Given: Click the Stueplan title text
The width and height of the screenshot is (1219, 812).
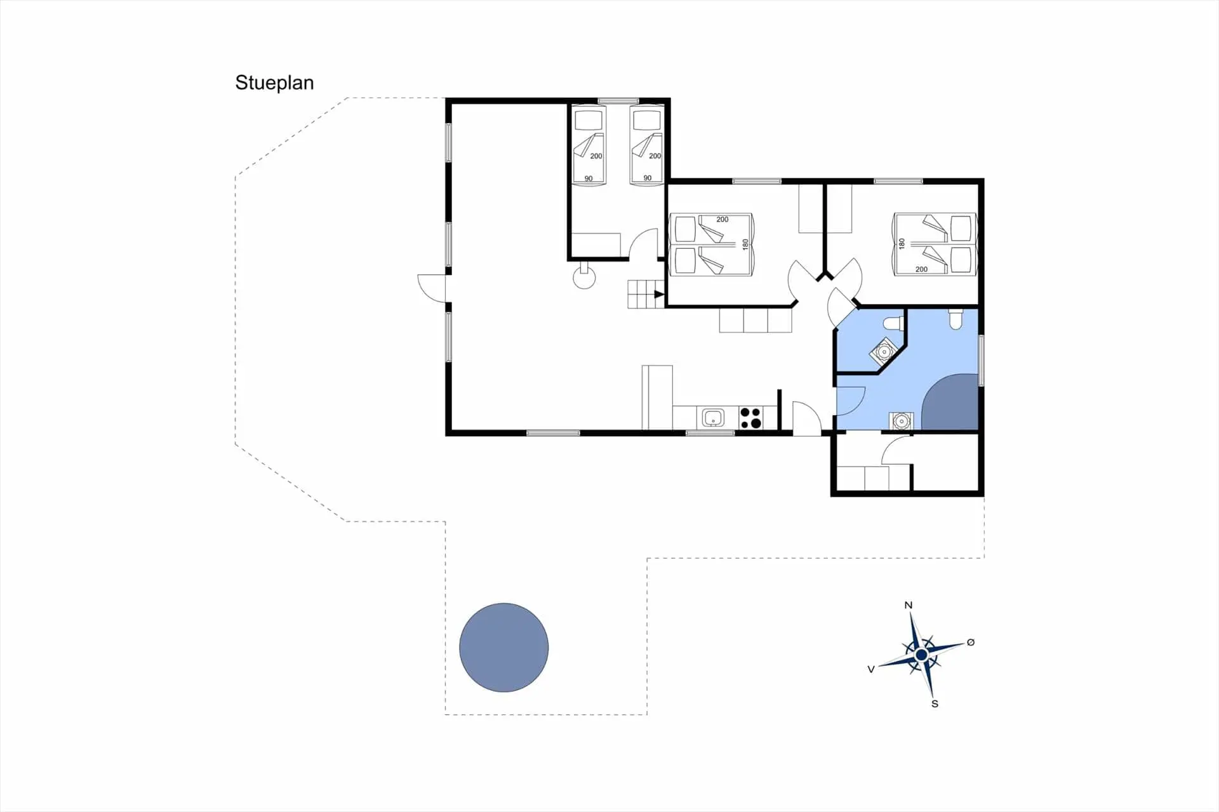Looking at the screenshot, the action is point(274,83).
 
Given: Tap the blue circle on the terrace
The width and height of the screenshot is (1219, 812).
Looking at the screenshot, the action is point(503,647).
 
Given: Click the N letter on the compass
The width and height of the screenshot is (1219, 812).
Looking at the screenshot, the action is point(909,605).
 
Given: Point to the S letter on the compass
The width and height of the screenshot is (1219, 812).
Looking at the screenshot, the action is point(935,703).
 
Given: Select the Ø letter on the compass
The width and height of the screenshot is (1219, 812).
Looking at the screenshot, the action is point(970,642).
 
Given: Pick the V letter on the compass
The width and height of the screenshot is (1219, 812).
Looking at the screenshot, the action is point(871,669).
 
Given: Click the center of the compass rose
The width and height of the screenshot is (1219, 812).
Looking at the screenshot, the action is point(921,654).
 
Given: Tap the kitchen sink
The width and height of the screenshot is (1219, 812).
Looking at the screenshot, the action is point(713,418).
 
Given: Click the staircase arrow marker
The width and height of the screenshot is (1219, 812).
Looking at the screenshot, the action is point(659,294).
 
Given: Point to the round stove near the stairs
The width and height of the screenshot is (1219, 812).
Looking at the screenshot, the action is point(584,277).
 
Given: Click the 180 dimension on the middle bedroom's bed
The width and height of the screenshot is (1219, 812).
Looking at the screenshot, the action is point(745,244).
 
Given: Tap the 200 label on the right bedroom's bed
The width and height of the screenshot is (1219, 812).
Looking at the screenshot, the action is point(921,269).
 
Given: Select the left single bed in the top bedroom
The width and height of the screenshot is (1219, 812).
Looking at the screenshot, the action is point(589,145).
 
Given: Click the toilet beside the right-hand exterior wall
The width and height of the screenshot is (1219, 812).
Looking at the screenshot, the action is point(956,319).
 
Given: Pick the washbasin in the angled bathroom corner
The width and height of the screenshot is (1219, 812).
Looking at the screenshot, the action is point(884,351).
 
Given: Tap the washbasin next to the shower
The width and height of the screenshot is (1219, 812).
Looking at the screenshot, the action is point(901,420).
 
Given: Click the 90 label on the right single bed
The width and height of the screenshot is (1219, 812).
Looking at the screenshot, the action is point(647,178).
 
